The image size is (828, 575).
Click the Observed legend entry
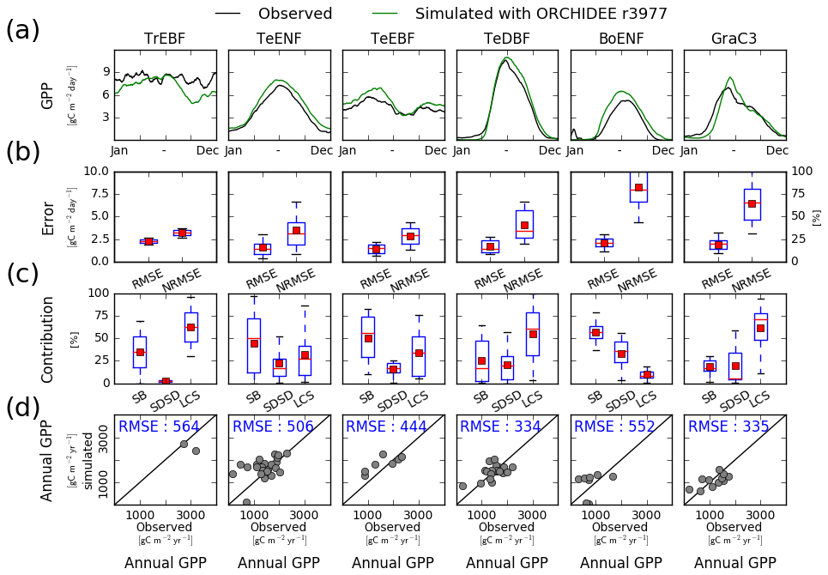[294, 14]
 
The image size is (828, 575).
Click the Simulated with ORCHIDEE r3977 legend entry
[541, 14]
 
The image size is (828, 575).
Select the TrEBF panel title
[165, 39]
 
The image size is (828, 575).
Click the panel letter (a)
[22, 30]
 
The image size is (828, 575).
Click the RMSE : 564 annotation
[159, 427]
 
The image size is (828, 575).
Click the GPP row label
[48, 95]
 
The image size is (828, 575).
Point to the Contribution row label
[48, 339]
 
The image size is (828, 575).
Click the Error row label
[48, 218]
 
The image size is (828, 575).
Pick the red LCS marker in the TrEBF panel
[190, 327]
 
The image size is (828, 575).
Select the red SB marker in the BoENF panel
[595, 332]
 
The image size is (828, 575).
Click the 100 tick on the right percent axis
[801, 171]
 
